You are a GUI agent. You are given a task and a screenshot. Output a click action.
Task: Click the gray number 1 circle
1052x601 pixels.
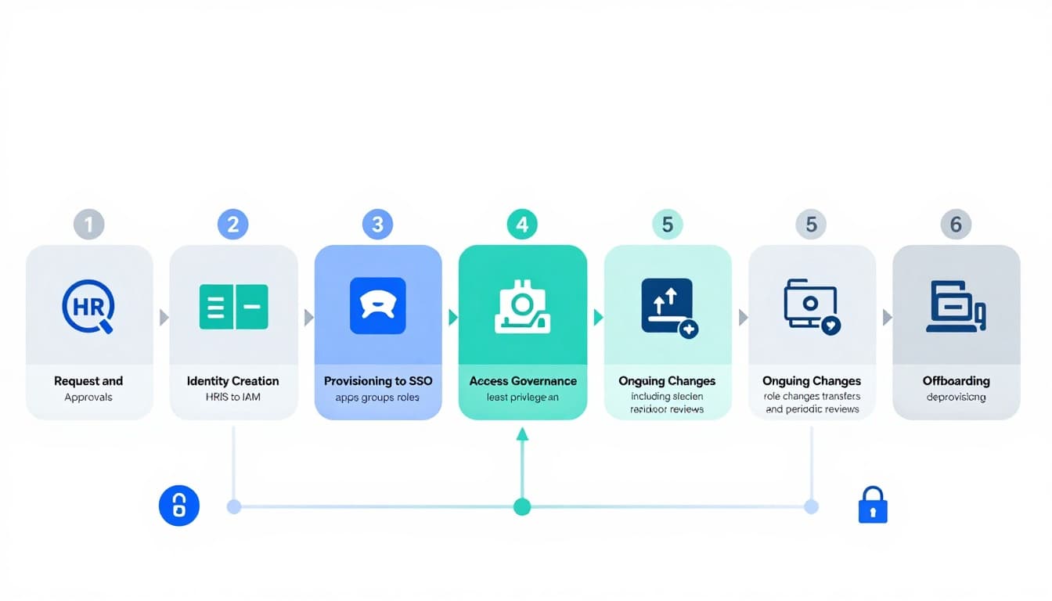pyautogui.click(x=88, y=225)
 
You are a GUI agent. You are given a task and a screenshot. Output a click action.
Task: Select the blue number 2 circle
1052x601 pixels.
pyautogui.click(x=232, y=225)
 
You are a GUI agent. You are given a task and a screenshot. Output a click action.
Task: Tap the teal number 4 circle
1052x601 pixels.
pyautogui.click(x=522, y=225)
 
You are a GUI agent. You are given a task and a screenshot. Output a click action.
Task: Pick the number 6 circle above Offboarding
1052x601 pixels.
pyautogui.click(x=956, y=225)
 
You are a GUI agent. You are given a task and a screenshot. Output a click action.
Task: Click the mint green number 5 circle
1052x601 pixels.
pyautogui.click(x=667, y=225)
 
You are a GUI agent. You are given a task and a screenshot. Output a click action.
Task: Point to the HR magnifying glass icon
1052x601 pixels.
pyautogui.click(x=88, y=306)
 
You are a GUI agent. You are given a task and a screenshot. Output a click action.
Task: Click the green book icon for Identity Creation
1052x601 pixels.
pyautogui.click(x=233, y=307)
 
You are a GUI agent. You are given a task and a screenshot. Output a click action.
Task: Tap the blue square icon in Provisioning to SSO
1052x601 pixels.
pyautogui.click(x=377, y=306)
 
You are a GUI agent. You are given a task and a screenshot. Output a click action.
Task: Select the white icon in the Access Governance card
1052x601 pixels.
pyautogui.click(x=522, y=307)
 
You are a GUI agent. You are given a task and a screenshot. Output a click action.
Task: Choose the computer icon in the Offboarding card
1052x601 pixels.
pyautogui.click(x=956, y=307)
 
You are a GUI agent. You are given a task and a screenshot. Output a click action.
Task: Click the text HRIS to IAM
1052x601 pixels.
pyautogui.click(x=233, y=397)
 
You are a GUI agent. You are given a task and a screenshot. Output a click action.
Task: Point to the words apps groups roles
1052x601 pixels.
pyautogui.click(x=377, y=397)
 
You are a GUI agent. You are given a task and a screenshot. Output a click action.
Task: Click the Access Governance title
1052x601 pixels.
pyautogui.click(x=523, y=381)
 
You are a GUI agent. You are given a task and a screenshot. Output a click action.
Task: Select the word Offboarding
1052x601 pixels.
pyautogui.click(x=956, y=381)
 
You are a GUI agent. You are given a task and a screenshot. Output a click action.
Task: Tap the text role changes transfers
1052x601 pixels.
pyautogui.click(x=812, y=397)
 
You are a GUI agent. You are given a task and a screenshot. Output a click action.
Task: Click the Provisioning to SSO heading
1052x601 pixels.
pyautogui.click(x=378, y=381)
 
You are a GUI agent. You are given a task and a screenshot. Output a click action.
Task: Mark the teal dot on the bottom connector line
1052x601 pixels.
pyautogui.click(x=522, y=507)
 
